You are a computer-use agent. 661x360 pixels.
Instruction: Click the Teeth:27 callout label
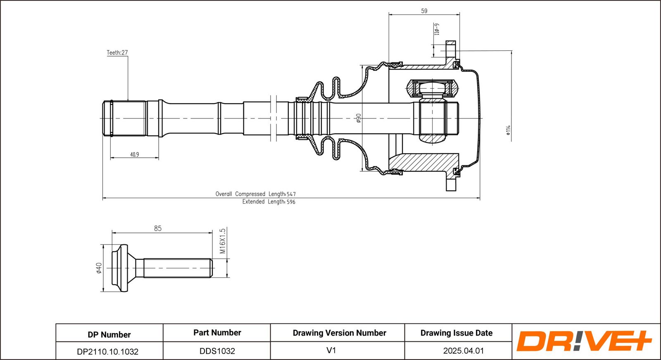[117, 52]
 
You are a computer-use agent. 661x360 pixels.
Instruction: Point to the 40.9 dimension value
[135, 154]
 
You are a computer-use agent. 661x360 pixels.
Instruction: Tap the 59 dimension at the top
[424, 11]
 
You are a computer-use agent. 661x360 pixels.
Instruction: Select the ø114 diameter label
[508, 130]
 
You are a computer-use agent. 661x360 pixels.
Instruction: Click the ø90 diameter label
[359, 118]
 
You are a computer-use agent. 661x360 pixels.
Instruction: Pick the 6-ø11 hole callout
[437, 29]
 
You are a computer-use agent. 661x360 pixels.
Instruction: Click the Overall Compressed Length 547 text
[255, 194]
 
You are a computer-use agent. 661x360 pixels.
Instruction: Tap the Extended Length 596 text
[269, 202]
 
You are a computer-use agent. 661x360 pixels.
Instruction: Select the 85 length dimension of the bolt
[158, 228]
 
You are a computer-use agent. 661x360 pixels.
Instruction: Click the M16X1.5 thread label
[223, 241]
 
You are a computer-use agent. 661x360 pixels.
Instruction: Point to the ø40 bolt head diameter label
[99, 268]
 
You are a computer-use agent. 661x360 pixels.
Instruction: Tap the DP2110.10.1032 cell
[108, 351]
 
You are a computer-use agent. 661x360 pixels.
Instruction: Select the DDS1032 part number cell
[217, 351]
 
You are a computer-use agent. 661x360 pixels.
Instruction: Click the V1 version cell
[331, 350]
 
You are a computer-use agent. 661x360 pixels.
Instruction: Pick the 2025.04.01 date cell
[464, 351]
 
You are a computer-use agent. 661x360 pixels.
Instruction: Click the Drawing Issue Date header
[457, 333]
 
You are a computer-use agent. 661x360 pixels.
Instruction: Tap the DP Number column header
[109, 334]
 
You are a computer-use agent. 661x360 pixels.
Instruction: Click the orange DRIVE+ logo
[583, 341]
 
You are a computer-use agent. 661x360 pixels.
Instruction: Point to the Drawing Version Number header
[340, 333]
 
